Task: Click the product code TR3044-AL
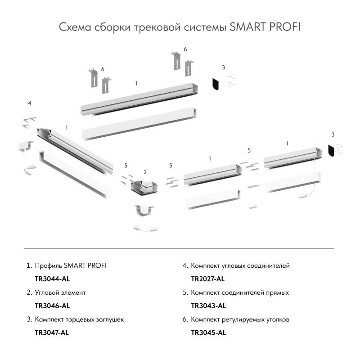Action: (x=52, y=279)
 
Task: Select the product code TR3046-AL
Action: (x=52, y=306)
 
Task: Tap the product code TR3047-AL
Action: (x=52, y=333)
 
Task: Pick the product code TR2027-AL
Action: (x=208, y=279)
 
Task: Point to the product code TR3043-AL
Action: (x=208, y=306)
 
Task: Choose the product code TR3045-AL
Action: (x=208, y=333)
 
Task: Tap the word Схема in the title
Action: (x=75, y=27)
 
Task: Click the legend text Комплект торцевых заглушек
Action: (x=79, y=319)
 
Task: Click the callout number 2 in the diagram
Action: (x=145, y=172)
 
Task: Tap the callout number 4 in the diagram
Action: (x=29, y=103)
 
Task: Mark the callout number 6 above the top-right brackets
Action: (x=185, y=49)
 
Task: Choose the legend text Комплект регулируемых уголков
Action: (x=240, y=319)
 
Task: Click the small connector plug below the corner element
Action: (x=145, y=228)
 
